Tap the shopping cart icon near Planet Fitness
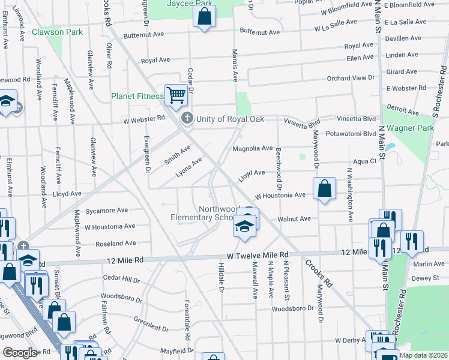click(175, 94)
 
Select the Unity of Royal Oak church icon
click(187, 118)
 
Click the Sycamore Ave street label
click(106, 211)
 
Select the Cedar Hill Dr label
click(121, 280)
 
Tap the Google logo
click(20, 353)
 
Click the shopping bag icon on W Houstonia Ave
click(324, 189)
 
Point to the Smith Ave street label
click(177, 154)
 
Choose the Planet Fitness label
click(137, 96)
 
